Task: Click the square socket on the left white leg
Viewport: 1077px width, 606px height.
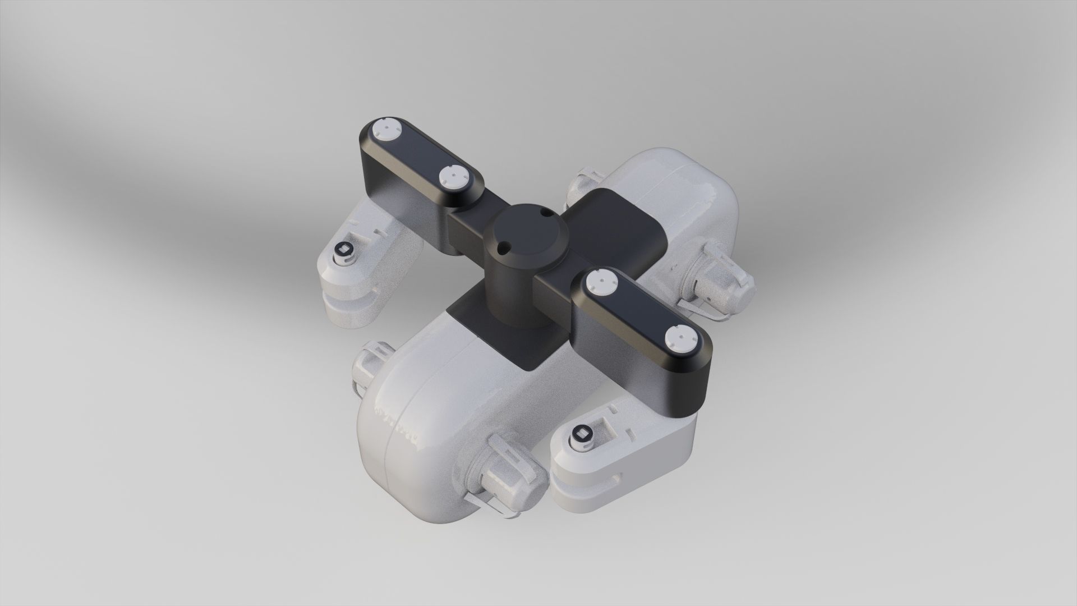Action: click(343, 251)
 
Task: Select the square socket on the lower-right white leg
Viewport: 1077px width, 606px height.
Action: click(581, 435)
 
